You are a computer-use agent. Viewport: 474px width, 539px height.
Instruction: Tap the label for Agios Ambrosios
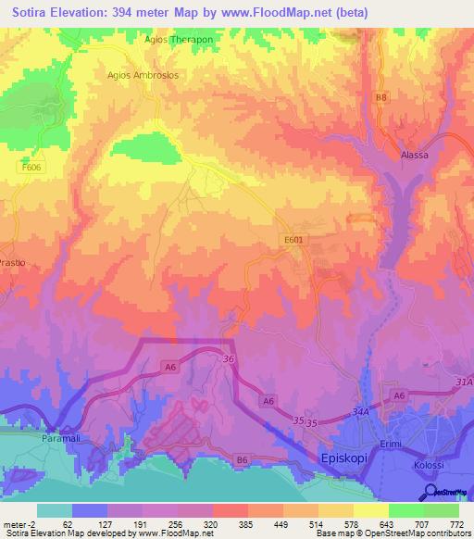[x=143, y=74]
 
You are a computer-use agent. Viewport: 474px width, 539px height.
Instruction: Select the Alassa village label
[x=414, y=155]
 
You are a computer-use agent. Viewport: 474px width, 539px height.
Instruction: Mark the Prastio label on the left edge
[x=13, y=263]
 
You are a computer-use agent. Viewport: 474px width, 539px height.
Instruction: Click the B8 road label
[x=380, y=97]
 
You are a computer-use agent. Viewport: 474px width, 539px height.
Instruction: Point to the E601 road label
[x=293, y=239]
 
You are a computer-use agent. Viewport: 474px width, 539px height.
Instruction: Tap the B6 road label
[x=243, y=458]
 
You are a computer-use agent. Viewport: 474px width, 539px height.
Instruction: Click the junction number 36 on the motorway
[x=228, y=358]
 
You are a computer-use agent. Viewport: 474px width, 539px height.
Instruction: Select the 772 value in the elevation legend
[x=456, y=522]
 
